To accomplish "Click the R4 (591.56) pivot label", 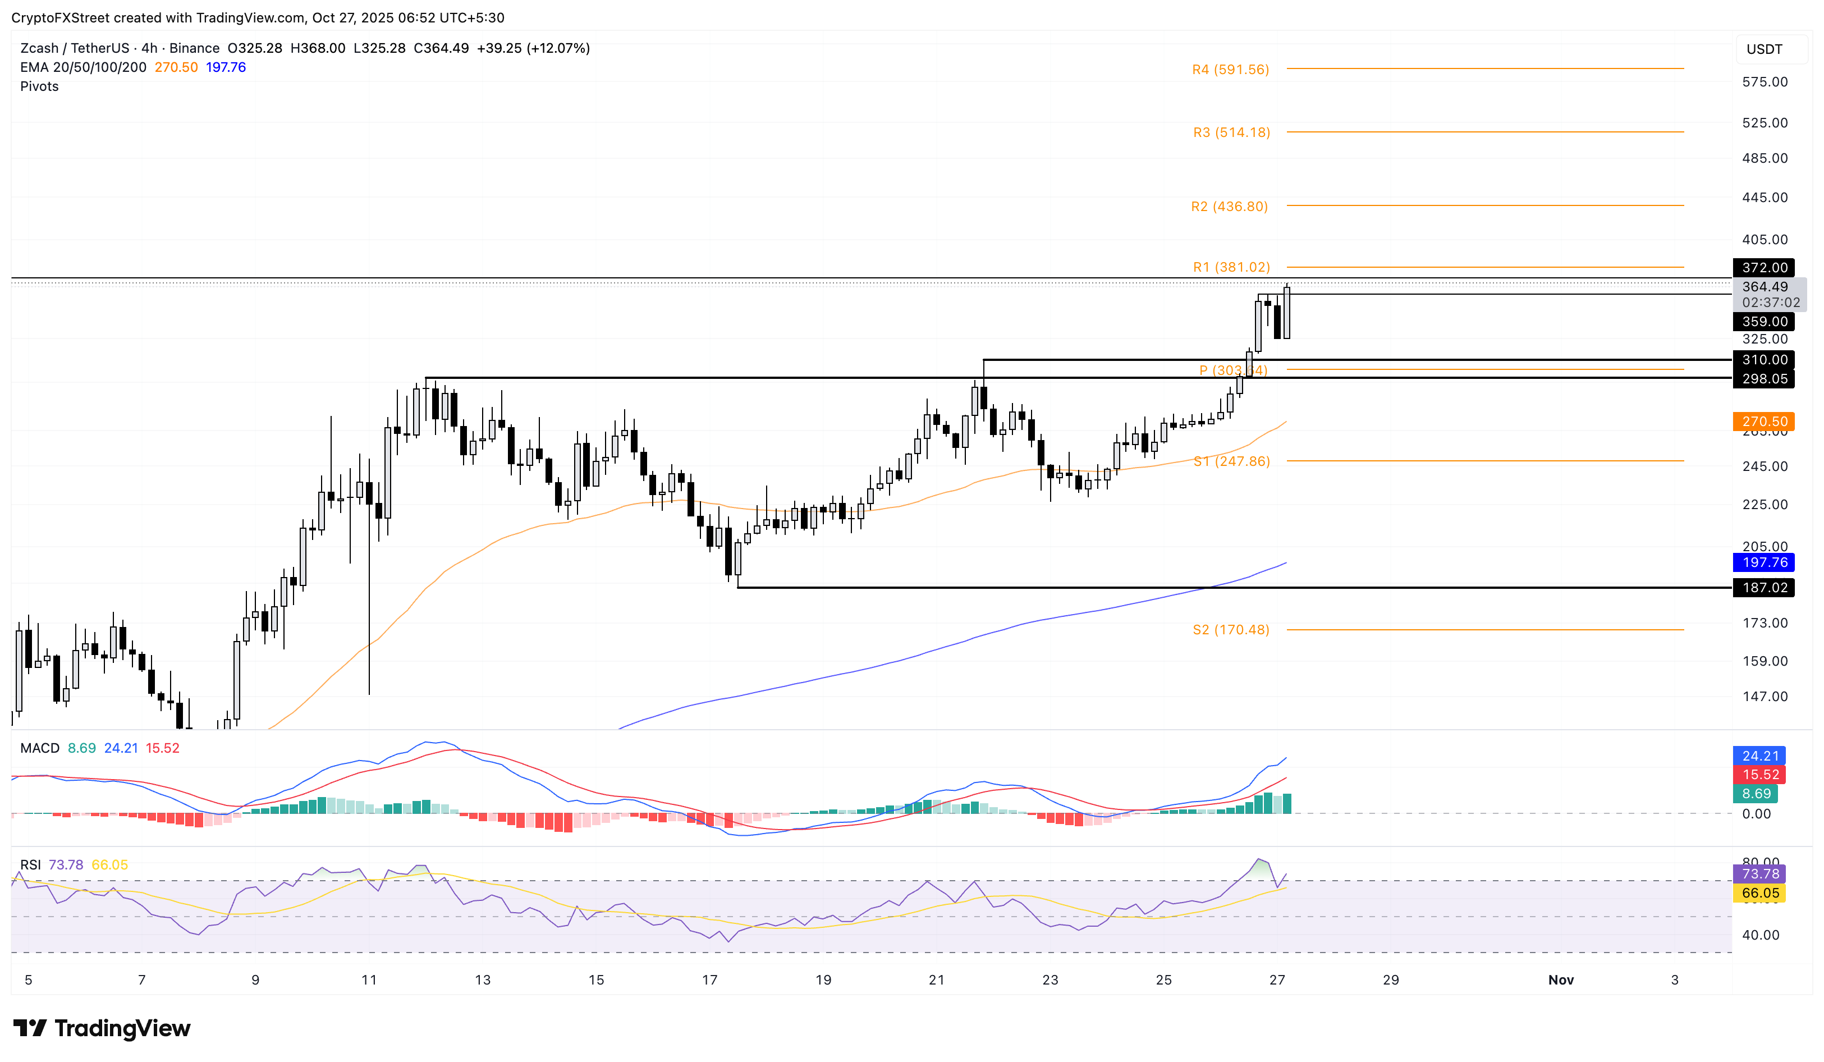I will coord(1230,70).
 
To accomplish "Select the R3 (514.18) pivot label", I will coord(1231,132).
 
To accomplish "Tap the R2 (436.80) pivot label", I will coord(1229,207).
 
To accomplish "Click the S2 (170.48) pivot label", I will coord(1230,630).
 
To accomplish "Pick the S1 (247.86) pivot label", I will coord(1231,461).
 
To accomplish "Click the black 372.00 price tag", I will coord(1764,268).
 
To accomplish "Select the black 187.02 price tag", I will coord(1764,588).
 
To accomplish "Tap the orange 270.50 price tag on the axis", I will coord(1764,422).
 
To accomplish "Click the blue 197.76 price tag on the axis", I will coord(1764,562).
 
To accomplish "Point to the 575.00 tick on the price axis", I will coord(1765,82).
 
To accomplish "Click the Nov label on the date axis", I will coord(1561,979).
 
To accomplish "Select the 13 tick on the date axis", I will coord(483,979).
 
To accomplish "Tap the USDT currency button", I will coord(1764,49).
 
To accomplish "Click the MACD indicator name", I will coord(40,748).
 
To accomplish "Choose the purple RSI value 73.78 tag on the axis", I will coord(1759,874).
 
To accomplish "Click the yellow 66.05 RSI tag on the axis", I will coord(1759,893).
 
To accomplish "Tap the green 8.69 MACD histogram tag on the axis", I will coord(1755,794).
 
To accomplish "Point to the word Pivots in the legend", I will coord(40,86).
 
